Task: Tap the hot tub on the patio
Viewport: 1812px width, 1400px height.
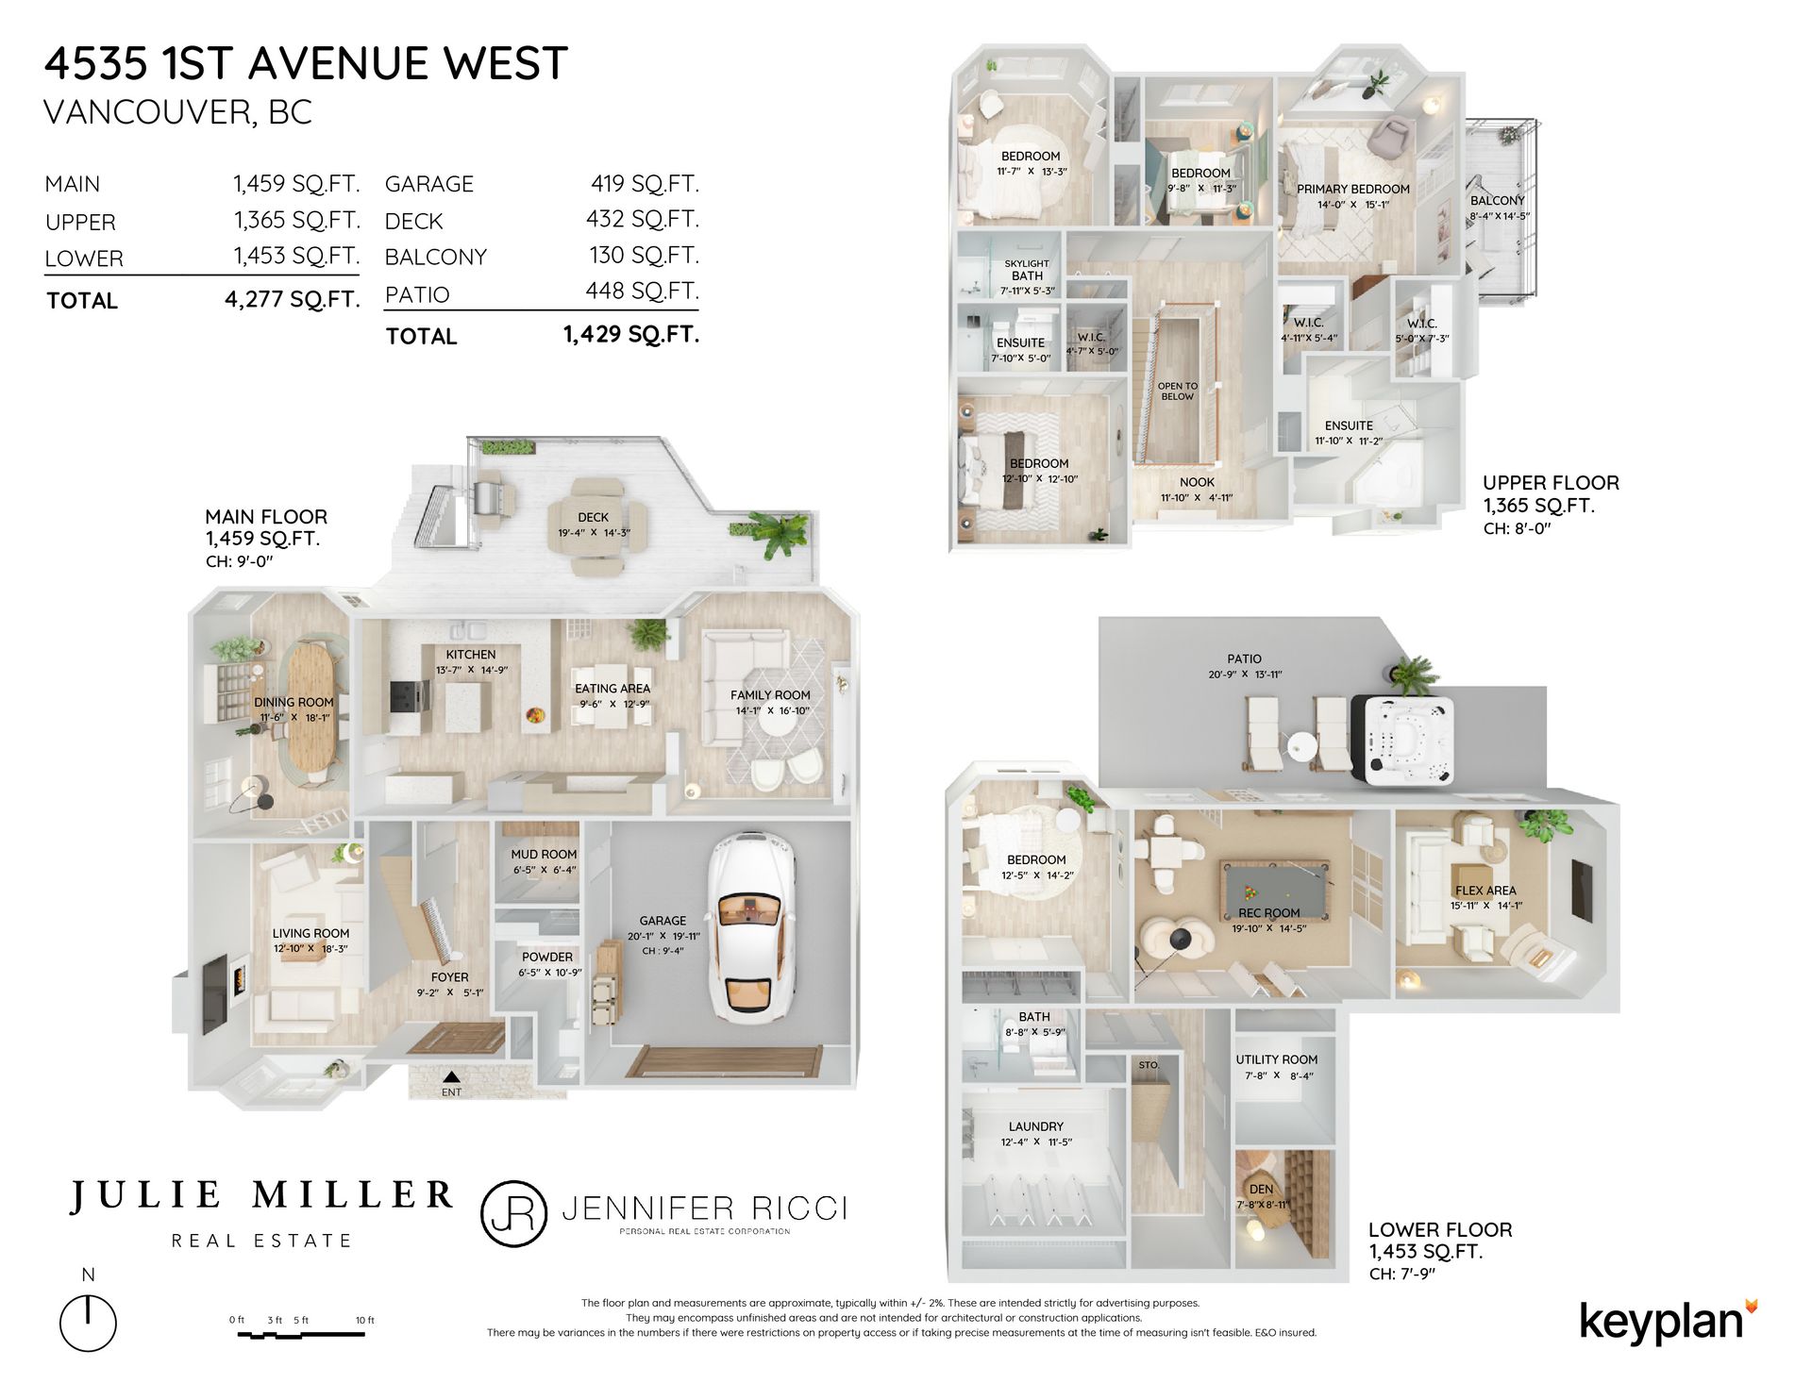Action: pos(1402,739)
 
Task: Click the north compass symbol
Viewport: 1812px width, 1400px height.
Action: pos(88,1321)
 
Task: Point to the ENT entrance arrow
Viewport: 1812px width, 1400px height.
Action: pos(452,1076)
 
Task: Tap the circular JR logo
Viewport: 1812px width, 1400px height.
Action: pos(514,1214)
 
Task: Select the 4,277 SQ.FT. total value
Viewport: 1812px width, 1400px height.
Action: pos(293,300)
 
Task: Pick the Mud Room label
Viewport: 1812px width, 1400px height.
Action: pos(544,855)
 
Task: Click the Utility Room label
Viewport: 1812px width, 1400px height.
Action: pos(1277,1059)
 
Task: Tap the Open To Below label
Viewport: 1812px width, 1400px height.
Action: pos(1178,392)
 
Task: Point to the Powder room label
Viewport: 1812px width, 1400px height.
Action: pos(547,957)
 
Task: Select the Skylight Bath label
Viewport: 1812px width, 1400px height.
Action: pos(1027,270)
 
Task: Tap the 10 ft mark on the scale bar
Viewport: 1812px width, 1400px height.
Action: pos(366,1320)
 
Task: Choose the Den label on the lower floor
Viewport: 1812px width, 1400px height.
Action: pos(1262,1190)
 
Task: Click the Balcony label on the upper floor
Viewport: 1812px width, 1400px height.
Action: pos(1498,200)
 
